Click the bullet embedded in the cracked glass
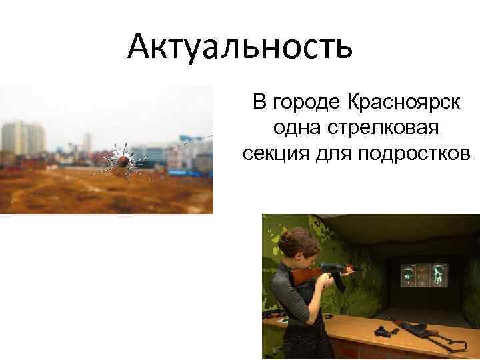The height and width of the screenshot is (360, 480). click(124, 161)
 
